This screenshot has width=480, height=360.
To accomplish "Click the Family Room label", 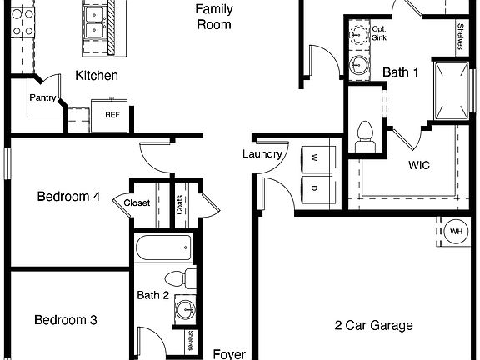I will (213, 17).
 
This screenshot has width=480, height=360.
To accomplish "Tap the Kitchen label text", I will (96, 76).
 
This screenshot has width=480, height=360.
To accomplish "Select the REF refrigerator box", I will (111, 116).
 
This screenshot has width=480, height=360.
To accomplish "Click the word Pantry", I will (42, 97).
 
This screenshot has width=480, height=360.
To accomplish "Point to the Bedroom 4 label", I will (68, 197).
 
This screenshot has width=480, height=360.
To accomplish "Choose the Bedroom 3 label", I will (66, 320).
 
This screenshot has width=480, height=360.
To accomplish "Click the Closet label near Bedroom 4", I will (137, 202).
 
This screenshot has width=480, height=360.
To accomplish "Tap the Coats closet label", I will (180, 205).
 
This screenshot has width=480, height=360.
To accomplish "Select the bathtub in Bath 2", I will (163, 247).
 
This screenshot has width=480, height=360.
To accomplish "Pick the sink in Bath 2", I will (185, 311).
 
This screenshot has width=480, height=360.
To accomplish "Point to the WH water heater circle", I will (456, 231).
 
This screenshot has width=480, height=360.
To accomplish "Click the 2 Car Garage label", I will (373, 326).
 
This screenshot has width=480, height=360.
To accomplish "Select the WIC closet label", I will (418, 165).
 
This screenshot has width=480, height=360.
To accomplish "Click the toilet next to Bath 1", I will (364, 136).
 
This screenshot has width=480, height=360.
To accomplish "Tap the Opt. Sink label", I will (379, 32).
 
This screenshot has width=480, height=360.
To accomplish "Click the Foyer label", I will (229, 353).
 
